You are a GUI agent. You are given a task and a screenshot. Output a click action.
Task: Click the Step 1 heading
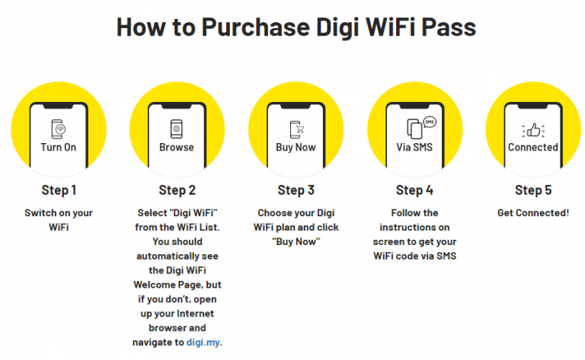(59, 190)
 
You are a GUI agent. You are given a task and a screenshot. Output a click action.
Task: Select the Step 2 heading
(177, 190)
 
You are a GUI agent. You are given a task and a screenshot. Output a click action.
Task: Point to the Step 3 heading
(296, 190)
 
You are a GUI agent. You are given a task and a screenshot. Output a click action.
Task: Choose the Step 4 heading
(414, 190)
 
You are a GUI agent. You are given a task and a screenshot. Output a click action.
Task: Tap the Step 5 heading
(532, 190)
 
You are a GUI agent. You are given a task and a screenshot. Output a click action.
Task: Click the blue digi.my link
(203, 342)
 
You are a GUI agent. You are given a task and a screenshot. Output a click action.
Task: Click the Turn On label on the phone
(59, 147)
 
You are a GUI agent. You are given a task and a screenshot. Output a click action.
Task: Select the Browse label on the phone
(177, 147)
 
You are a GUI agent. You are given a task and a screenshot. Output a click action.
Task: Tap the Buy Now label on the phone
(296, 147)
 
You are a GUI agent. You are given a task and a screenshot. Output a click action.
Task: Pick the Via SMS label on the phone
(414, 147)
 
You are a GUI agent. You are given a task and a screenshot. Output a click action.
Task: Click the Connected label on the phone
(532, 147)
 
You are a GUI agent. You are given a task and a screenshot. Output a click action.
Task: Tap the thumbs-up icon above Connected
(532, 129)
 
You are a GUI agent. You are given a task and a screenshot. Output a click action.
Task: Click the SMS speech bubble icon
(429, 122)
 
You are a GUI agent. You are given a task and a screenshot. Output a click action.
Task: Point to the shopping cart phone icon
(295, 128)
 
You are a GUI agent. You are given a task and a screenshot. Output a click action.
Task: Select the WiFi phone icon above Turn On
(59, 128)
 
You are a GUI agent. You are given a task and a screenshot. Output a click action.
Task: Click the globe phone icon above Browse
(177, 128)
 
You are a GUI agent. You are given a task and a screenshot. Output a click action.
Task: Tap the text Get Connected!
(532, 212)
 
